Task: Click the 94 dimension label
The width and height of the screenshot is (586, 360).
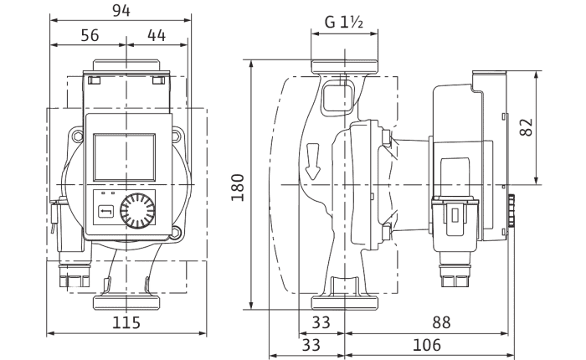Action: pyautogui.click(x=121, y=11)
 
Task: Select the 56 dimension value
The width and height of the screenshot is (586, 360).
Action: pyautogui.click(x=90, y=35)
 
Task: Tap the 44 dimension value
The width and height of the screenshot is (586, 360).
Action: pyautogui.click(x=157, y=35)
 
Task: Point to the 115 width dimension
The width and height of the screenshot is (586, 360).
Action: pyautogui.click(x=126, y=322)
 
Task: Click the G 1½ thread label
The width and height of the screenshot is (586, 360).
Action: pyautogui.click(x=344, y=23)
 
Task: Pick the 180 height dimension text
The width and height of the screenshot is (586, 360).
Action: pyautogui.click(x=238, y=188)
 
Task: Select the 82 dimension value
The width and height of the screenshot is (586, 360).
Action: pyautogui.click(x=527, y=127)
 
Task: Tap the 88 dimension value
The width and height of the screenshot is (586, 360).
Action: pyautogui.click(x=441, y=322)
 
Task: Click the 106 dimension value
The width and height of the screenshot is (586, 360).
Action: pyautogui.click(x=427, y=345)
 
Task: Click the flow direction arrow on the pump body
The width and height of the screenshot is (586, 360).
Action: pyautogui.click(x=312, y=162)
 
